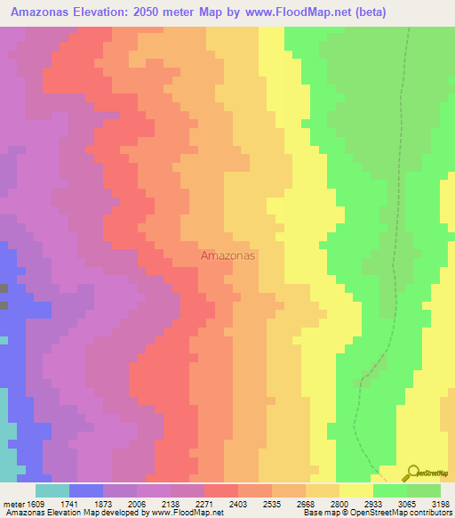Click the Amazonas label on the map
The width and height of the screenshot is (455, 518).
(227, 255)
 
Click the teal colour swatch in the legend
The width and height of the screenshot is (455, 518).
(52, 490)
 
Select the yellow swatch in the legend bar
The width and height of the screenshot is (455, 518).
(356, 490)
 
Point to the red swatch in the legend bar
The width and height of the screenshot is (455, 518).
(221, 490)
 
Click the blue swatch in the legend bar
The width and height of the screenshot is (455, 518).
(85, 490)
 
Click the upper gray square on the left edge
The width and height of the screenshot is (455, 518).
(4, 288)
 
